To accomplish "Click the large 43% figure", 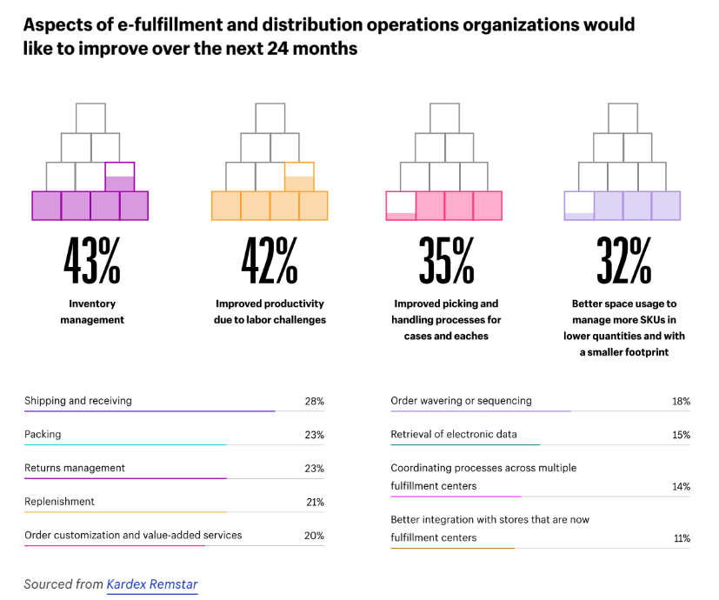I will tap(91, 260).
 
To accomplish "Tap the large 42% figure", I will tap(270, 260).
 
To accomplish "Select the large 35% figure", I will tap(446, 260).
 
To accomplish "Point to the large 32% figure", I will tap(623, 260).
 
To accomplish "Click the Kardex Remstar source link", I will tap(152, 584).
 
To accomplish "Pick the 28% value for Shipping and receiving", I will tap(314, 402).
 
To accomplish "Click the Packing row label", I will tap(43, 434).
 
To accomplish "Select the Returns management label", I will tap(75, 468).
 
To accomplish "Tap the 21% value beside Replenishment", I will tap(314, 502).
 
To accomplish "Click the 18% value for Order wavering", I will tap(681, 402).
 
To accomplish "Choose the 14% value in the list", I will tap(681, 486).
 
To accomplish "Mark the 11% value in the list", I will tap(682, 538).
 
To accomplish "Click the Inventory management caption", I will tap(92, 312).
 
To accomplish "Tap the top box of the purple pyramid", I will tap(90, 117).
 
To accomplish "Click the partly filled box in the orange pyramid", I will tap(299, 177).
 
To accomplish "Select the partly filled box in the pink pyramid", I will tap(401, 205).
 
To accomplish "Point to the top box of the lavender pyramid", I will tap(622, 117).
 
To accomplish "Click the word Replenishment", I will tap(59, 502).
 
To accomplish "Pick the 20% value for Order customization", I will tap(314, 536).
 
